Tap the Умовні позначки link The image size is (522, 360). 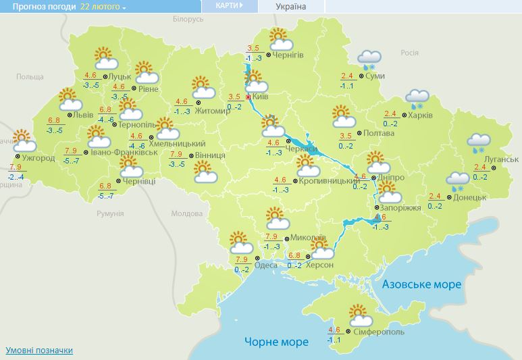(39, 351)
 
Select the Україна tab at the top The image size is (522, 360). (290, 7)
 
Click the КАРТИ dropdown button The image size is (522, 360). (230, 6)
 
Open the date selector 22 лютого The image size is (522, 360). (103, 7)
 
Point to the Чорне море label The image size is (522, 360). (276, 342)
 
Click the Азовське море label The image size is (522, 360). (421, 284)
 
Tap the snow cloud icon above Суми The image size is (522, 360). (369, 59)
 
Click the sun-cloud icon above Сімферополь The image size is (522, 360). (361, 315)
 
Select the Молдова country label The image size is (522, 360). (186, 213)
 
